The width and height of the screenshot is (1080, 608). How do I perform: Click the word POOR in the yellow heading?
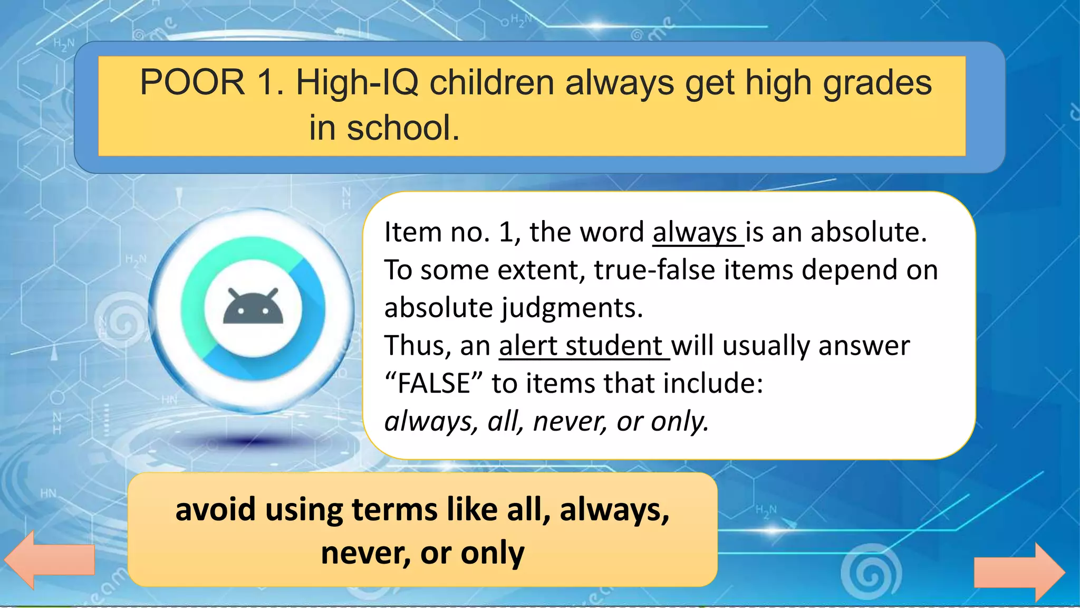click(x=192, y=83)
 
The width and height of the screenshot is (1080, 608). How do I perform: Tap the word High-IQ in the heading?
click(x=357, y=83)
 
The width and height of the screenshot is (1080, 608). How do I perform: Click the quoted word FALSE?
click(x=433, y=383)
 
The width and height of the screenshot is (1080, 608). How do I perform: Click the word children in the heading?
click(x=491, y=83)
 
